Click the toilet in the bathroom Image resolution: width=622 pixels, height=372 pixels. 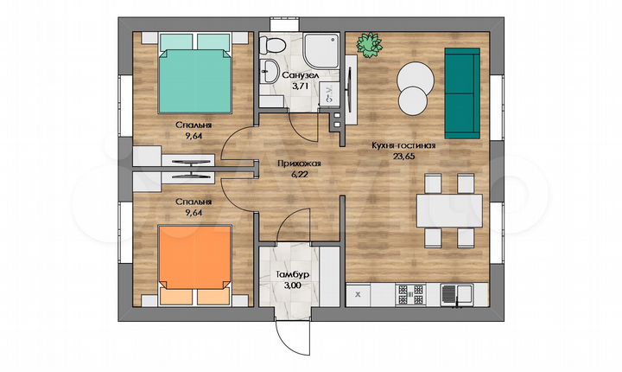click(272, 45)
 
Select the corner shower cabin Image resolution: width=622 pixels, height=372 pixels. click(321, 50)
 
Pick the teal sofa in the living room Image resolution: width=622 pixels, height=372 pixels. click(462, 93)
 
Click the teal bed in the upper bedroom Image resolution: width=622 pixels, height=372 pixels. click(195, 74)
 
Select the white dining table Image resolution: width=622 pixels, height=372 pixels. click(449, 210)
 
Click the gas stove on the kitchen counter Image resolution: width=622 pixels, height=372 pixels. click(410, 294)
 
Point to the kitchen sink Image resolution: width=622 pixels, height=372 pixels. click(457, 294)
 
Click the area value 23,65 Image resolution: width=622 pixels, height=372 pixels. click(403, 157)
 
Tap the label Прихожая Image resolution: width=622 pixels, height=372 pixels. click(299, 164)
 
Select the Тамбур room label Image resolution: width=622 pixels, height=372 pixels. click(292, 274)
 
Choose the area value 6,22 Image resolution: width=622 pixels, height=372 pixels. click(299, 174)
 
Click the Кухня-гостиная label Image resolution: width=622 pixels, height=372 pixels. click(403, 145)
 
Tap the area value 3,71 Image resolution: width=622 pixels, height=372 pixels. click(300, 86)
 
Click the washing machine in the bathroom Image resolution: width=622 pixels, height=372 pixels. click(329, 94)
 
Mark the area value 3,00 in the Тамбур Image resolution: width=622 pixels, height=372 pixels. click(292, 285)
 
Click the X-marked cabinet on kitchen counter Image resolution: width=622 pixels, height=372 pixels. click(359, 294)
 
